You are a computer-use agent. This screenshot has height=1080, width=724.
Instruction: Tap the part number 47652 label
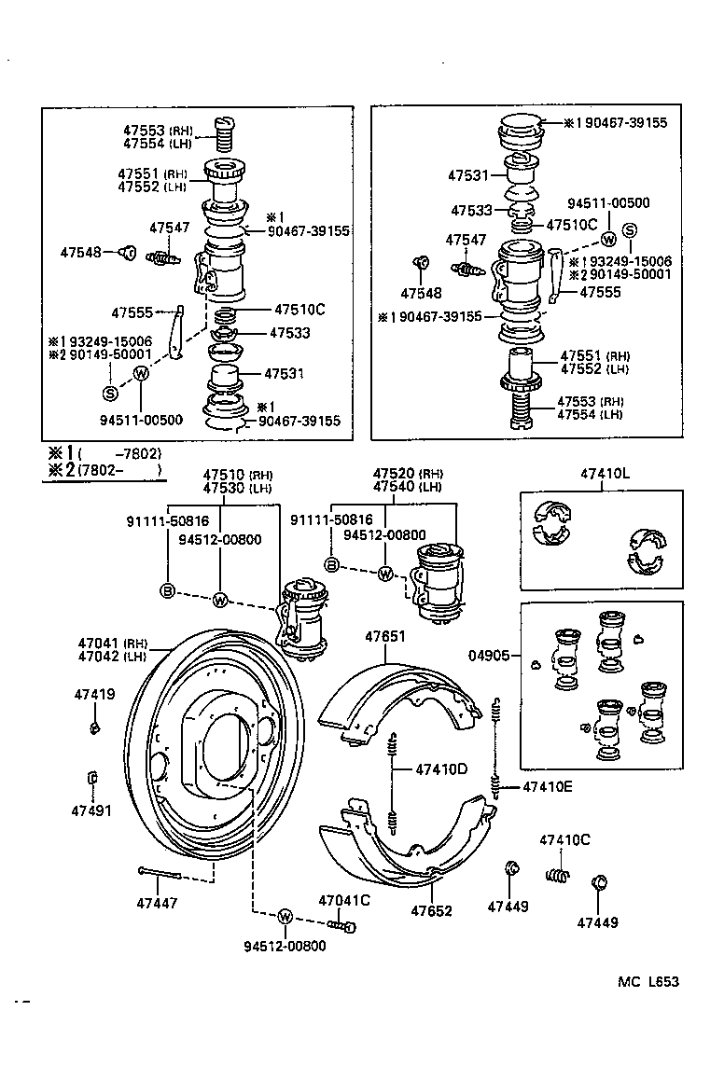(431, 910)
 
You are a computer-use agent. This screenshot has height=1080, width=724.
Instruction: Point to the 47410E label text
(547, 786)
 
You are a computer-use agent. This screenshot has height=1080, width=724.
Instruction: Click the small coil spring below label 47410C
(557, 876)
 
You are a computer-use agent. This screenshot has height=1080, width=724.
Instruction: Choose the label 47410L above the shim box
(605, 474)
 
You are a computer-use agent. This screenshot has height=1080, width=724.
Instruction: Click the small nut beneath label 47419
(95, 727)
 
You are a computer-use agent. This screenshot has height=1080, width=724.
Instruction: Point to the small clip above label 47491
(91, 778)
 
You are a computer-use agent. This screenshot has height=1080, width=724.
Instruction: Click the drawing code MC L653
(647, 981)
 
